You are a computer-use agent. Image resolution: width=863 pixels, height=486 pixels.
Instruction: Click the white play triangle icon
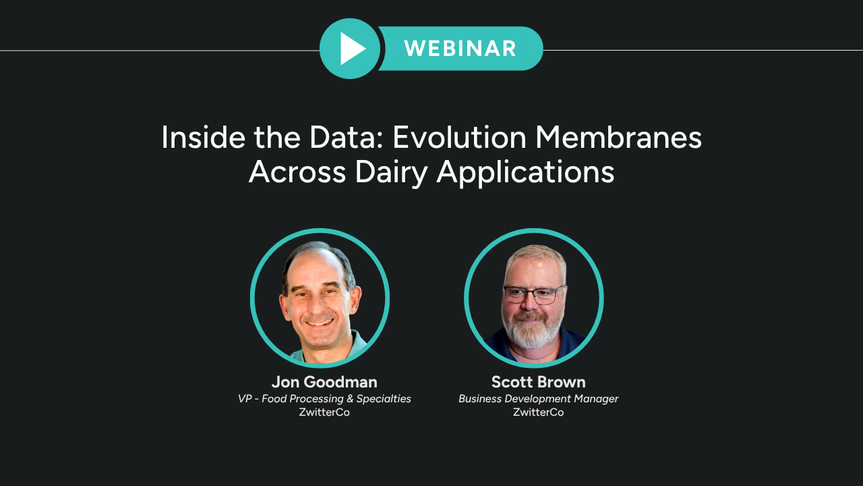click(352, 49)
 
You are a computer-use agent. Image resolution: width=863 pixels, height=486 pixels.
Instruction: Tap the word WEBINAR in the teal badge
click(460, 49)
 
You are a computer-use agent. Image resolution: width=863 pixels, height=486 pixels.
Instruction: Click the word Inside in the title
click(203, 137)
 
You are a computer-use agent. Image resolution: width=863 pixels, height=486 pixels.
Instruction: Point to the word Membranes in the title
click(619, 137)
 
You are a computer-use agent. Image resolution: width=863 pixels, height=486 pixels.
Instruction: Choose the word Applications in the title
click(525, 172)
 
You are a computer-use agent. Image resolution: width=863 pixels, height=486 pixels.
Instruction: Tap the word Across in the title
click(297, 172)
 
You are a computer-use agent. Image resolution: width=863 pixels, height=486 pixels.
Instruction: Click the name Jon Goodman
click(324, 382)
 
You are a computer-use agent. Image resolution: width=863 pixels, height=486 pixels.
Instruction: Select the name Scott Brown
click(538, 382)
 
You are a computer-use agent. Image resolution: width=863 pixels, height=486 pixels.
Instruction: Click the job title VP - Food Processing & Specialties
click(324, 398)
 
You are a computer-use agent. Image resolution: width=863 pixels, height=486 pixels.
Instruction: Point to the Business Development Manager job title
click(538, 398)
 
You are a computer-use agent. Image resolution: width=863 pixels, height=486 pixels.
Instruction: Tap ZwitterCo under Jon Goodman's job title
click(324, 412)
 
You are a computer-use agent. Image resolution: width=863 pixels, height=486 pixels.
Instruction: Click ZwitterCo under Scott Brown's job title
click(538, 412)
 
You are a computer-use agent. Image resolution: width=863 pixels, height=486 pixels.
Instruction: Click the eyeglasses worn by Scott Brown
click(533, 295)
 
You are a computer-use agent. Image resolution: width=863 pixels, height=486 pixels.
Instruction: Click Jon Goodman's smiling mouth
click(320, 322)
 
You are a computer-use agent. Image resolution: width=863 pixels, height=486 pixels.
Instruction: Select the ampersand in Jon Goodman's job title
click(350, 398)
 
